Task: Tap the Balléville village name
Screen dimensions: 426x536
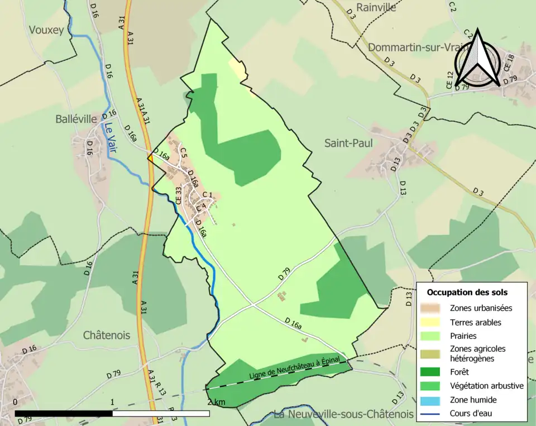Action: pos(76,119)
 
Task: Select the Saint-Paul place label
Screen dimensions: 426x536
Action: pos(348,143)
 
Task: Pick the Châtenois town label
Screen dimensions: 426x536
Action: pos(106,336)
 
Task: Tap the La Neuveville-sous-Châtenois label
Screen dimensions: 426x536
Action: pos(343,414)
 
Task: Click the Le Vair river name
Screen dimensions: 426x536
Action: pos(109,138)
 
